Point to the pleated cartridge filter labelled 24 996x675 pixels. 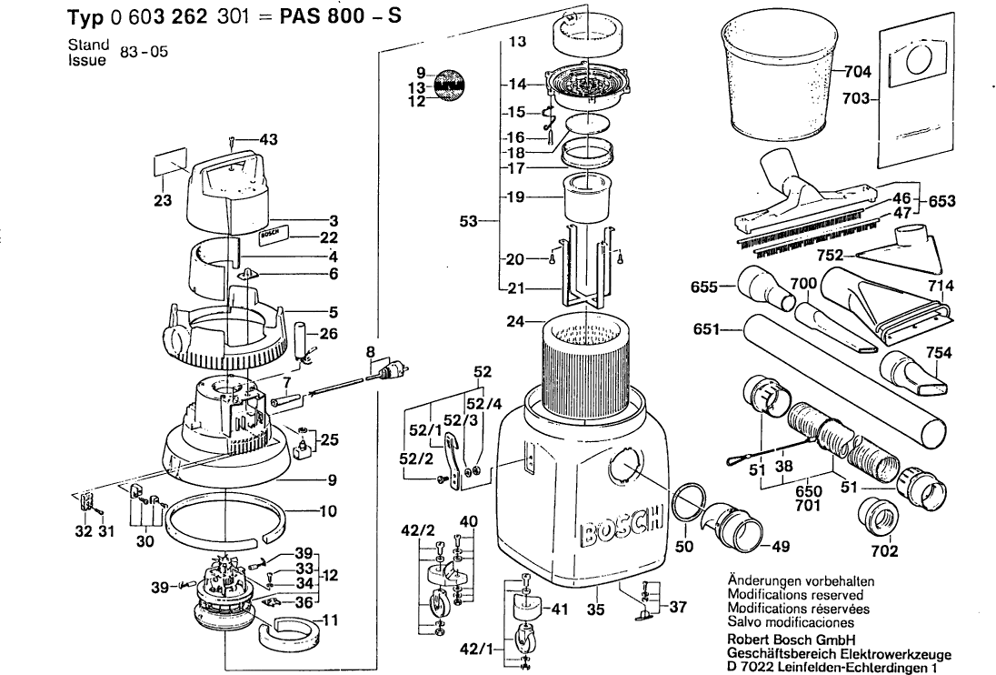(586, 364)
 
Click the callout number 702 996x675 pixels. (884, 550)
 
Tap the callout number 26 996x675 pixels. (329, 334)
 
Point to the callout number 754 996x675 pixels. (939, 353)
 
